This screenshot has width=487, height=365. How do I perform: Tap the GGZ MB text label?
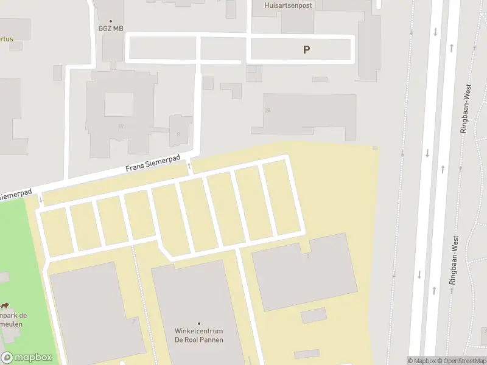[x=110, y=29]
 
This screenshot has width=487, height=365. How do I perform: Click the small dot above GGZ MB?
[x=110, y=21]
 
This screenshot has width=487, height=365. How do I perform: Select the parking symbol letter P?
[x=307, y=50]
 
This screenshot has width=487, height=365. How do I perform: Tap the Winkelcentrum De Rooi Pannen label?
[x=199, y=335]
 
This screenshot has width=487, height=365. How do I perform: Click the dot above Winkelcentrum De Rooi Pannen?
[x=199, y=323]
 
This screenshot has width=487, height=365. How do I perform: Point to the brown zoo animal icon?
[x=5, y=305]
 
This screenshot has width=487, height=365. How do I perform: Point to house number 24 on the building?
[x=267, y=111]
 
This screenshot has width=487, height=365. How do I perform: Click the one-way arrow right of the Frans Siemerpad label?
[x=189, y=165]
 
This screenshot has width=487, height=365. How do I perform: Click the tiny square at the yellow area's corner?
[x=375, y=148]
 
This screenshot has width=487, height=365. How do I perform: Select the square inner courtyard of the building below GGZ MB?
[x=119, y=105]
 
